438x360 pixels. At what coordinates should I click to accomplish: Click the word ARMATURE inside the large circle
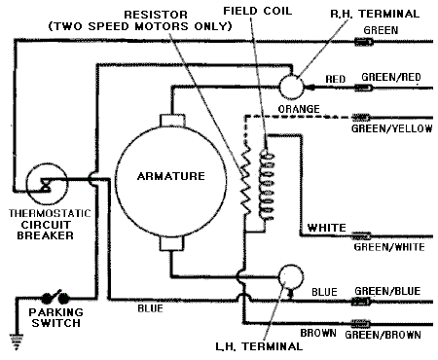[x=171, y=176]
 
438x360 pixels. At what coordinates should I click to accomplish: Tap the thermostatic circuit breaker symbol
[x=47, y=184]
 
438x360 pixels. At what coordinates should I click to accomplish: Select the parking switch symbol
[x=55, y=296]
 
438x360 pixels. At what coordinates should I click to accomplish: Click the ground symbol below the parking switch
[x=17, y=342]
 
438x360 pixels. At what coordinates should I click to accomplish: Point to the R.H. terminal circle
[x=291, y=87]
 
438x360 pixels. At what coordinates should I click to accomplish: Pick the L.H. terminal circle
[x=291, y=276]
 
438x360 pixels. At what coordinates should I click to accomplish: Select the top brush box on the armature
[x=172, y=121]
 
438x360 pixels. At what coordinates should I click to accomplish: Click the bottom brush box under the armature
[x=172, y=244]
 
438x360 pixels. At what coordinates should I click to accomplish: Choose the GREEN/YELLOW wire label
[x=391, y=128]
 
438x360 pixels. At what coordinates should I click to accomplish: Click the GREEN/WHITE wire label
[x=389, y=247]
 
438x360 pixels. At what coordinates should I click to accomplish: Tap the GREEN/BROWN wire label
[x=383, y=335]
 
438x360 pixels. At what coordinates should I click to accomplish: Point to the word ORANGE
[x=299, y=109]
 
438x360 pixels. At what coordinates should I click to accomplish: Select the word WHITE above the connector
[x=326, y=228]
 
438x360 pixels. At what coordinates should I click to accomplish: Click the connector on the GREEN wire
[x=364, y=42]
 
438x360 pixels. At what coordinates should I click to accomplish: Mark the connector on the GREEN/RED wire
[x=364, y=88]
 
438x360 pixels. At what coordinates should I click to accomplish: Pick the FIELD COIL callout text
[x=258, y=11]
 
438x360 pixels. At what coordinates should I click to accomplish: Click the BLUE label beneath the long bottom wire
[x=150, y=308]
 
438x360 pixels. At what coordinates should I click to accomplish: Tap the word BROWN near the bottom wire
[x=318, y=333]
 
